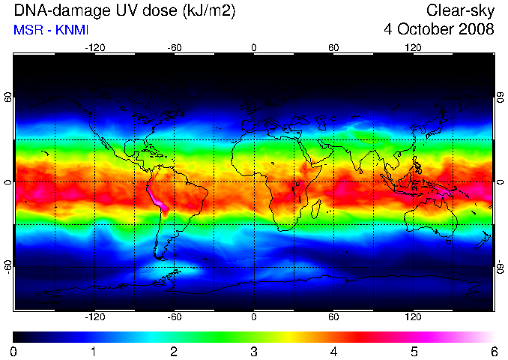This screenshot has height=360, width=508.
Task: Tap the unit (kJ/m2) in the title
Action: pyautogui.click(x=208, y=12)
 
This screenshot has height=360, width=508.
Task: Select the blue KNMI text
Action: pyautogui.click(x=72, y=30)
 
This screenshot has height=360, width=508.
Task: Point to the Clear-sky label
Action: pyautogui.click(x=460, y=11)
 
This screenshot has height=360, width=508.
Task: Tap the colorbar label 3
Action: pyautogui.click(x=254, y=352)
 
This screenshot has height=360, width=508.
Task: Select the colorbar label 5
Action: pyautogui.click(x=414, y=352)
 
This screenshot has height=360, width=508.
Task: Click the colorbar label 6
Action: pyautogui.click(x=495, y=352)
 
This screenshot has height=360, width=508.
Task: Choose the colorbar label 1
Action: pyautogui.click(x=94, y=352)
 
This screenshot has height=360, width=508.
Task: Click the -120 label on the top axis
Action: pyautogui.click(x=95, y=48)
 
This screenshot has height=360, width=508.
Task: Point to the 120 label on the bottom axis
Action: pyautogui.click(x=413, y=316)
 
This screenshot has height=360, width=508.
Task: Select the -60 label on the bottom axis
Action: pyautogui.click(x=175, y=316)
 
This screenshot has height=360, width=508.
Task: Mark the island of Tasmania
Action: pyautogui.click(x=448, y=241)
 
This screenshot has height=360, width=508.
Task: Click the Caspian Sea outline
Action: pyautogui.click(x=322, y=122)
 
